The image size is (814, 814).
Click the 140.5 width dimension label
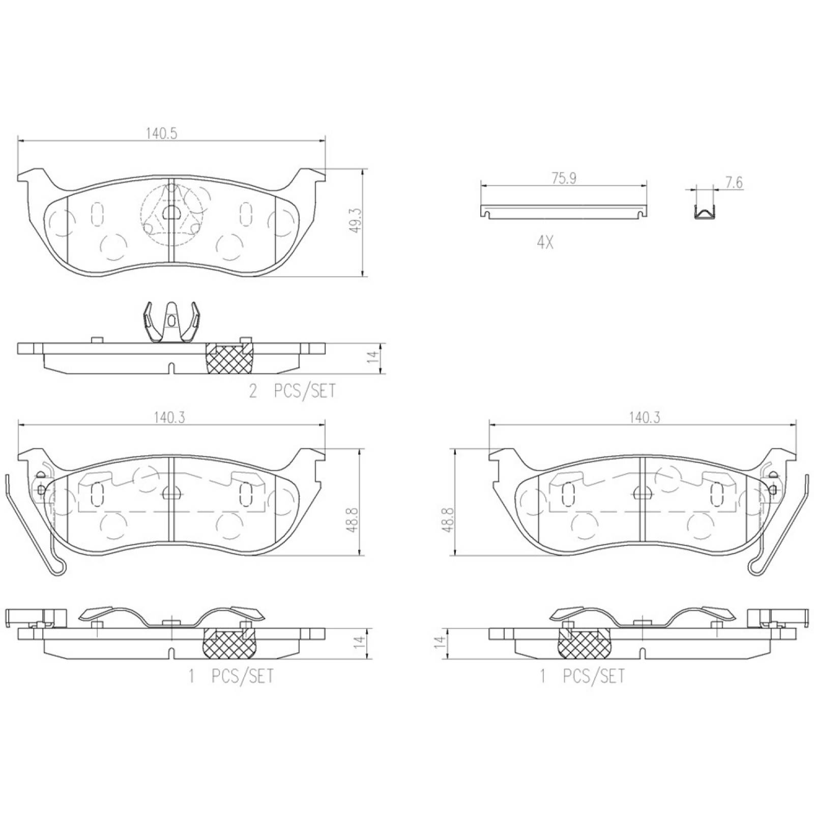coord(161,134)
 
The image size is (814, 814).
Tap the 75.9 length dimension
coord(564,179)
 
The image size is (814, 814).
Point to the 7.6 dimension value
coord(734,182)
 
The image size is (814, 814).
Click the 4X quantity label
coord(545,243)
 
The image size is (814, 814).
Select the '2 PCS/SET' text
coord(292,391)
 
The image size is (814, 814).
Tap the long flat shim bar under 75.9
coord(564,212)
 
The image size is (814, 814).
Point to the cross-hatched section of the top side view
coord(230,358)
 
